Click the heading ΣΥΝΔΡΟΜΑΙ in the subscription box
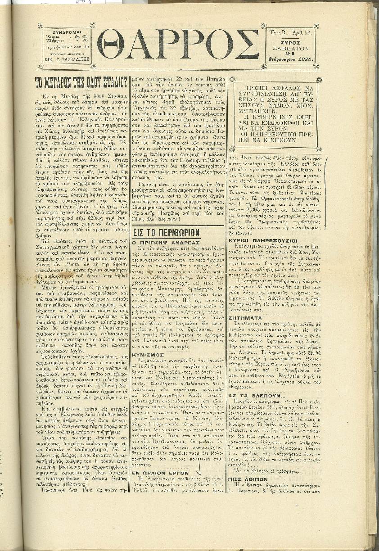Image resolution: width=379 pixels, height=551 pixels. (67, 32)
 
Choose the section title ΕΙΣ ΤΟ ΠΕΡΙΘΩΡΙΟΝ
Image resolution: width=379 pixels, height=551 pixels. (167, 233)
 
